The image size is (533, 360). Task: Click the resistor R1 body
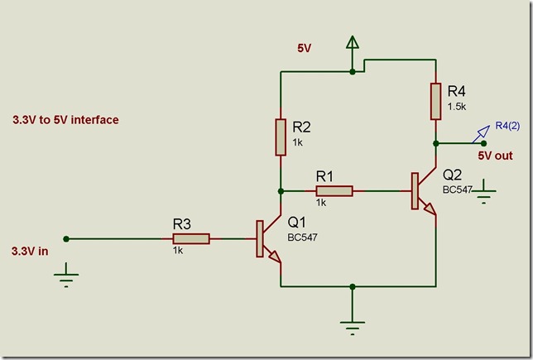pyautogui.click(x=334, y=191)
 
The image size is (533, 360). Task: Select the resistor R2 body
pyautogui.click(x=281, y=136)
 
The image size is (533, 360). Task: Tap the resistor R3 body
pyautogui.click(x=191, y=239)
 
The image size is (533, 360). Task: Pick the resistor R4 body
pyautogui.click(x=435, y=101)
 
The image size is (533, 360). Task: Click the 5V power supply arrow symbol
pyautogui.click(x=353, y=47)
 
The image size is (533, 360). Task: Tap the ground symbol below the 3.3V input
pyautogui.click(x=66, y=276)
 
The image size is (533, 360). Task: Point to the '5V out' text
pyautogui.click(x=496, y=156)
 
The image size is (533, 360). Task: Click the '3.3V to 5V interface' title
pyautogui.click(x=65, y=120)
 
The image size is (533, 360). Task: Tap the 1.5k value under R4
pyautogui.click(x=458, y=107)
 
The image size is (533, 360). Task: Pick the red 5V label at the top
pyautogui.click(x=305, y=48)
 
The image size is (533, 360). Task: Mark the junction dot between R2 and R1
pyautogui.click(x=281, y=191)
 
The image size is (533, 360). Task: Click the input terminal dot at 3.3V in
pyautogui.click(x=66, y=239)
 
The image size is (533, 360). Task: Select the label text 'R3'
pyautogui.click(x=182, y=223)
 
